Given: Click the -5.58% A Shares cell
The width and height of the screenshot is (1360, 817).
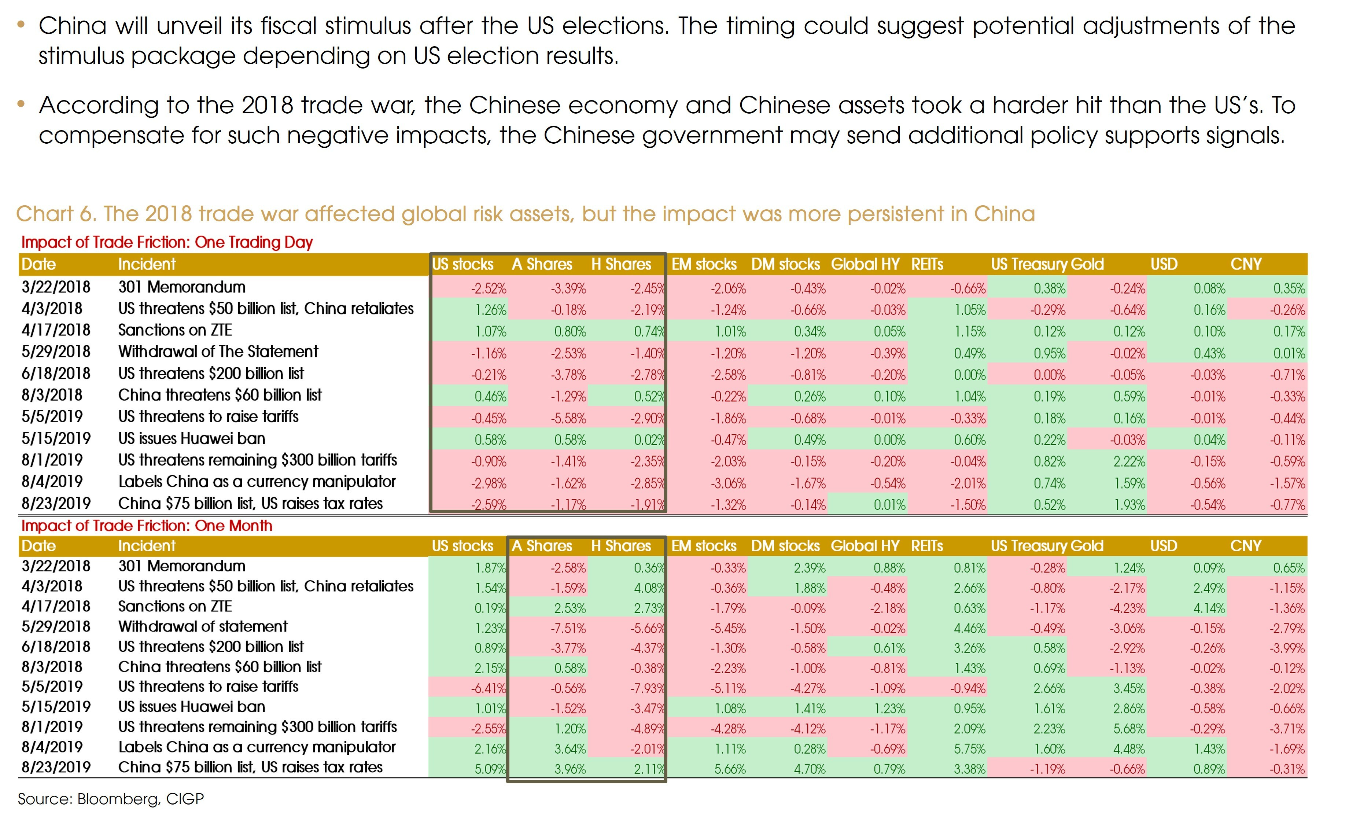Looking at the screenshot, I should [x=568, y=419].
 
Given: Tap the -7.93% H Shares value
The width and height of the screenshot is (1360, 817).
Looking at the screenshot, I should [x=648, y=689].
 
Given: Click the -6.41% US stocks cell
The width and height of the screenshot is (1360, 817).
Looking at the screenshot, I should [x=488, y=689].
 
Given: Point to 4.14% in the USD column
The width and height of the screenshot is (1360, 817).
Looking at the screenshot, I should [x=1209, y=608].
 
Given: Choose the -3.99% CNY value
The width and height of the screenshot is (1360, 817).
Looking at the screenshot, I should [x=1288, y=648].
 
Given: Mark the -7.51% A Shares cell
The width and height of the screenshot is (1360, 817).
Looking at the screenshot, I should [x=568, y=629].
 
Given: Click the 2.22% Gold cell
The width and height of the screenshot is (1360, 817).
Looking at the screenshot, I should [x=1129, y=461].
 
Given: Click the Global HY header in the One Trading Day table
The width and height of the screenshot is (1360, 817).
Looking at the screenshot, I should [x=865, y=264].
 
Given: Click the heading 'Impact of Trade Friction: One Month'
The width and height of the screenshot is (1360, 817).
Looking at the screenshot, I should [x=146, y=526].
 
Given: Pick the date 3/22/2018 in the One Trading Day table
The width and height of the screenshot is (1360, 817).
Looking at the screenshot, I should [x=56, y=287].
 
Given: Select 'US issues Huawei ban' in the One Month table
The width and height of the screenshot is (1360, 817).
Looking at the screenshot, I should [x=192, y=707].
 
